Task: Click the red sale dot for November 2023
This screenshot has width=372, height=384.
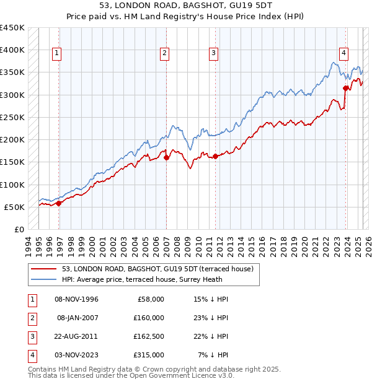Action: [345, 88]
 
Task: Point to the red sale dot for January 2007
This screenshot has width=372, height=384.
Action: [167, 157]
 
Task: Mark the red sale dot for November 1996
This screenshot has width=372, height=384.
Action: [59, 203]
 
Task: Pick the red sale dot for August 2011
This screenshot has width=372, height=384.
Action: [216, 156]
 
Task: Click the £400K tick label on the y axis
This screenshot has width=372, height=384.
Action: [12, 50]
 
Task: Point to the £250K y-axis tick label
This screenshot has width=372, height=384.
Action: [12, 117]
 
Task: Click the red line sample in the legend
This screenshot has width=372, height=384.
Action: [43, 269]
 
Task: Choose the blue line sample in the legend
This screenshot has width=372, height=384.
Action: [43, 280]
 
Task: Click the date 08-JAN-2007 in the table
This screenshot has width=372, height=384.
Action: [77, 318]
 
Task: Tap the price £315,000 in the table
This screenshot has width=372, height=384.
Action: [149, 355]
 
